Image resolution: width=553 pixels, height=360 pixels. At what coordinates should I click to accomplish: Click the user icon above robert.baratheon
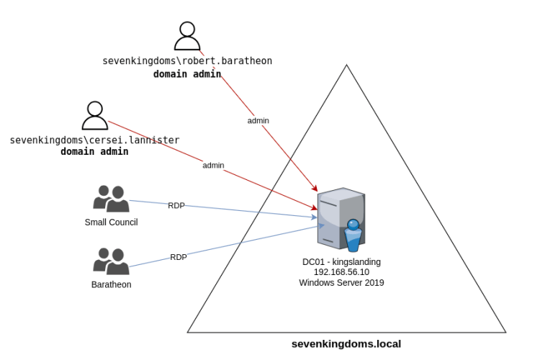coord(187,36)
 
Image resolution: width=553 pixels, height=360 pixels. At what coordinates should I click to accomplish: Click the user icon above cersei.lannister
coord(94,115)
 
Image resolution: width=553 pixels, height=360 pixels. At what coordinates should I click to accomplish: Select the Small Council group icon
coord(111,199)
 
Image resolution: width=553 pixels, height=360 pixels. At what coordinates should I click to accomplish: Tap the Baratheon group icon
coord(111,261)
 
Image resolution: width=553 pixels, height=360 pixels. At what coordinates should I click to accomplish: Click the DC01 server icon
coord(341,219)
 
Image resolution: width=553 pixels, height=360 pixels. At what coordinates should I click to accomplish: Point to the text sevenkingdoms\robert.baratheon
coord(187,61)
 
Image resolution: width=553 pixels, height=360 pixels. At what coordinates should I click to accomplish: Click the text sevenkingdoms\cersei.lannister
coord(94,140)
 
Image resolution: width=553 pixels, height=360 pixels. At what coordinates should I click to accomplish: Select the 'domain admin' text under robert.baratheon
coord(187,73)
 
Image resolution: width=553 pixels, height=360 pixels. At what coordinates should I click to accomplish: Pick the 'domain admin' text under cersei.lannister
coord(94,152)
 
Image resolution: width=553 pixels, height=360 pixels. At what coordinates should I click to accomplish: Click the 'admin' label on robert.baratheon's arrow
coord(258,120)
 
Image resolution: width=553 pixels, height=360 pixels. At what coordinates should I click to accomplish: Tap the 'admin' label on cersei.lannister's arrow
coord(213,165)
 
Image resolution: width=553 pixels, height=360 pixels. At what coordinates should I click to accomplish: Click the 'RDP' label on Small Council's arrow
coord(176,205)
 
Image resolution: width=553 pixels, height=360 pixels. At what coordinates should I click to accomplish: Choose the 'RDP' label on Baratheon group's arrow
coord(179,257)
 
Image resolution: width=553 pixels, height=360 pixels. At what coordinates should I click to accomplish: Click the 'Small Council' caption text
coord(111,222)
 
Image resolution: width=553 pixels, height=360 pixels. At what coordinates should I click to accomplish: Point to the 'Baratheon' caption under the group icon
coord(111,284)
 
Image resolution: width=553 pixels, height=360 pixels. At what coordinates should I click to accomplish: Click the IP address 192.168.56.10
coord(341,272)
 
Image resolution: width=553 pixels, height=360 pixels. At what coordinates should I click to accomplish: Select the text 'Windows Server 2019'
coord(341,283)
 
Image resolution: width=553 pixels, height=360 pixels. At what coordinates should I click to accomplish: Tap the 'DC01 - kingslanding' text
coord(341,261)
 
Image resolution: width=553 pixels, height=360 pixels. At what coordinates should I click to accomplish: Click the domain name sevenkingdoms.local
coord(346,344)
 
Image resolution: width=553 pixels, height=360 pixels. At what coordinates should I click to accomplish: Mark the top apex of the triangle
coord(346,66)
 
